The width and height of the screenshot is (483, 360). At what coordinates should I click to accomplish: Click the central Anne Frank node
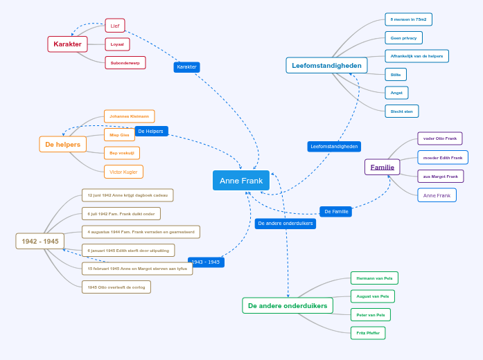pos(241,181)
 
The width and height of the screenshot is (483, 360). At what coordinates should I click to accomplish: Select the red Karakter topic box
pos(67,44)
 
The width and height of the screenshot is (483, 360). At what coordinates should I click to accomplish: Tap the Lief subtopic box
pos(115,26)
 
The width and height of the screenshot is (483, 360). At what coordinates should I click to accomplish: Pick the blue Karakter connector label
pos(186,67)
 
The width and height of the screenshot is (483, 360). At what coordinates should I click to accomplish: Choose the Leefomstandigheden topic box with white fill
pos(326,66)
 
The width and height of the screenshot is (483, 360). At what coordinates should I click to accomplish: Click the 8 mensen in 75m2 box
pos(408,19)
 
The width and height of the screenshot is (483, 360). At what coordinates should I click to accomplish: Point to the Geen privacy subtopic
pos(403,37)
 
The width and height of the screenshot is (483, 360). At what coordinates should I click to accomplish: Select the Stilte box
pos(396,74)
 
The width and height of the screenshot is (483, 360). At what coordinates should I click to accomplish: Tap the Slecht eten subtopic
pos(401,111)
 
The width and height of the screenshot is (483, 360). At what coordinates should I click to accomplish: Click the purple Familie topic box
pos(382,167)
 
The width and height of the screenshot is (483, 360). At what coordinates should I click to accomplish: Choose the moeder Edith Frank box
pos(442,157)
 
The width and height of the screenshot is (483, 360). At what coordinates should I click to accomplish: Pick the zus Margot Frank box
pos(440,176)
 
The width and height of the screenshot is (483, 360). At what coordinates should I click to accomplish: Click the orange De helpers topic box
pos(63,145)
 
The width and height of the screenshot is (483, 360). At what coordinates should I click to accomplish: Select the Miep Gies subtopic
pos(119,135)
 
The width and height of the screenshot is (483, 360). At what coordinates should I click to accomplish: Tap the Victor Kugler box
pos(123,172)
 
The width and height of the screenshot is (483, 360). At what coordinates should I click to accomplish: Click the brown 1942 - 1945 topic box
pos(40,241)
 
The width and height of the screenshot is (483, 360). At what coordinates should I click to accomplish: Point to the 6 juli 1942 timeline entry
pos(121,214)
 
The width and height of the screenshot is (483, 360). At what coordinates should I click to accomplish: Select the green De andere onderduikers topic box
pos(288,305)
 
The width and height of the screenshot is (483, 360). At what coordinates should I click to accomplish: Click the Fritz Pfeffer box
pos(367,333)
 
